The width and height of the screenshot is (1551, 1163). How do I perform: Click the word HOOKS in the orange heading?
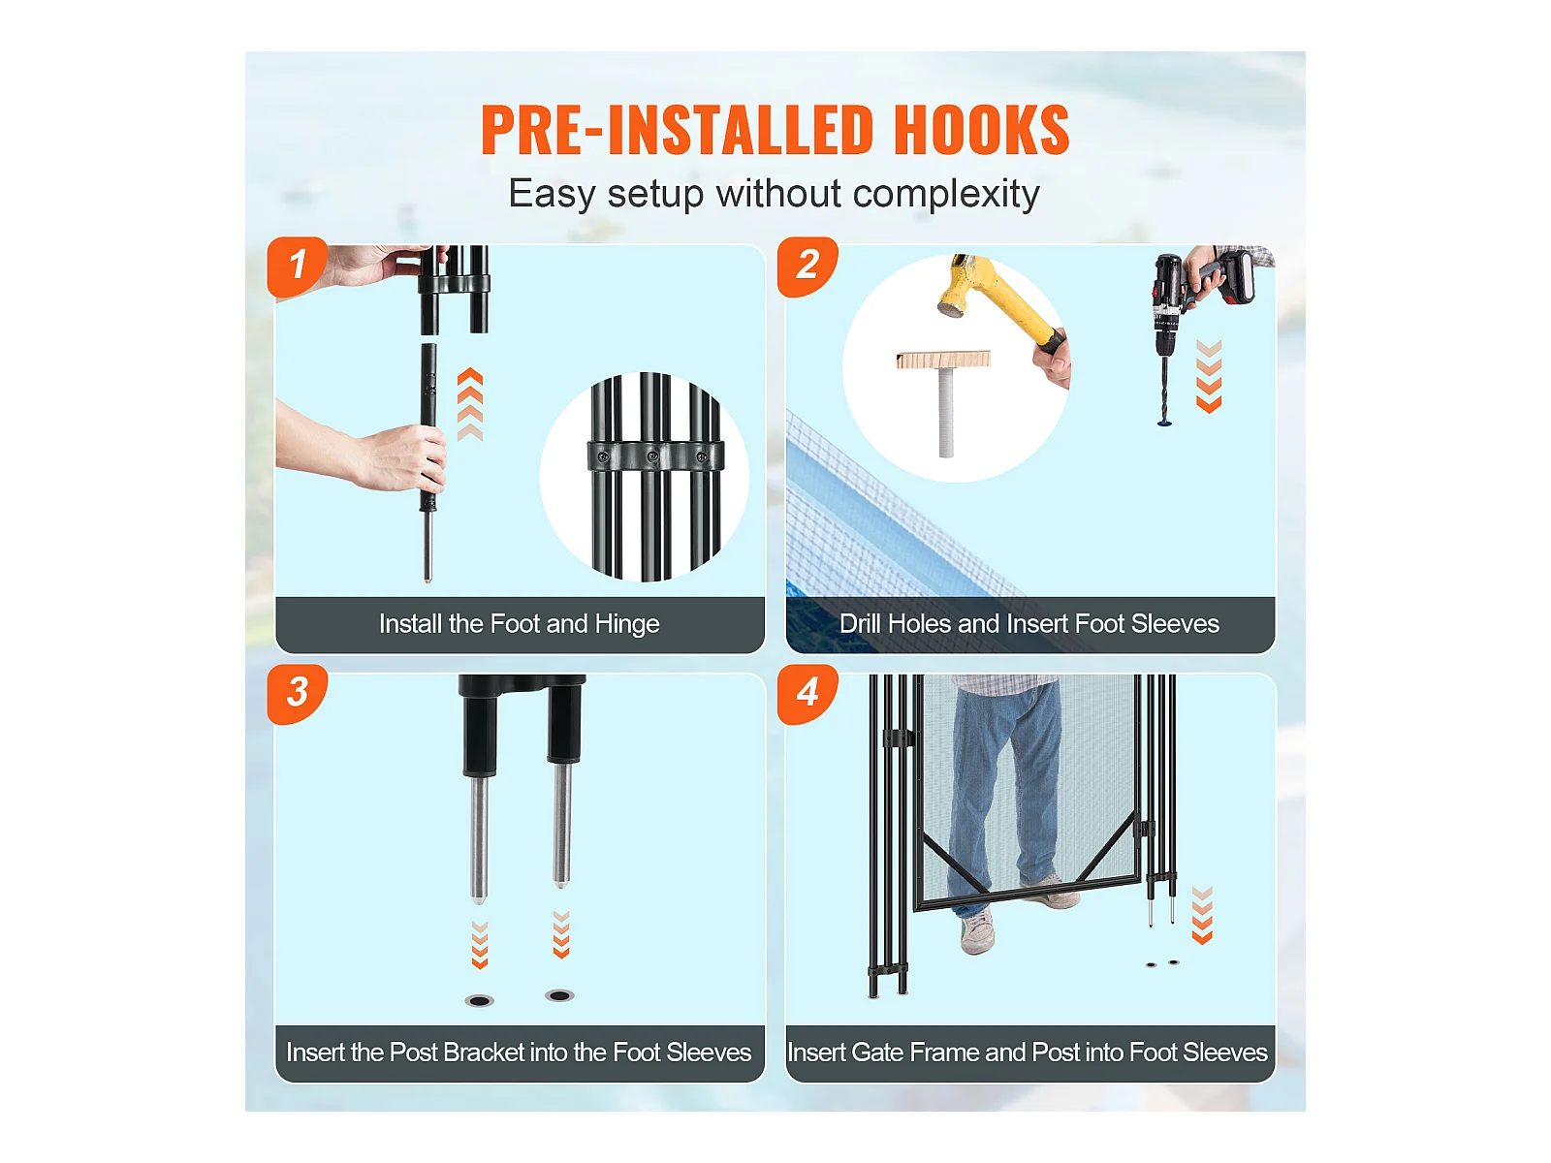click(981, 130)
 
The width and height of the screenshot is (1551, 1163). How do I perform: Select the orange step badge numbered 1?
click(298, 267)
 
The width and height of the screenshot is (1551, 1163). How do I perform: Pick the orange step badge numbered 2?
click(807, 267)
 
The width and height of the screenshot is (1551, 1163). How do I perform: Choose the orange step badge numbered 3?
click(298, 694)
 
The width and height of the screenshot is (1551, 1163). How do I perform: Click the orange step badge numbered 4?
click(807, 694)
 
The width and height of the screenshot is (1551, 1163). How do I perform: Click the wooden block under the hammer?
click(944, 360)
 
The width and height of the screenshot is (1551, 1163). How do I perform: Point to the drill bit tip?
click(1164, 423)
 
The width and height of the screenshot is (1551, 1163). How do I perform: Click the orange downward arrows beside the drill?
click(1209, 376)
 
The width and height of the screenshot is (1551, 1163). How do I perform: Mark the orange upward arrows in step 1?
click(470, 404)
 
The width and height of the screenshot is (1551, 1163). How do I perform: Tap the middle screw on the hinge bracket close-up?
click(653, 456)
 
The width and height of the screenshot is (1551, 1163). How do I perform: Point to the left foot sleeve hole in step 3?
click(479, 1000)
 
